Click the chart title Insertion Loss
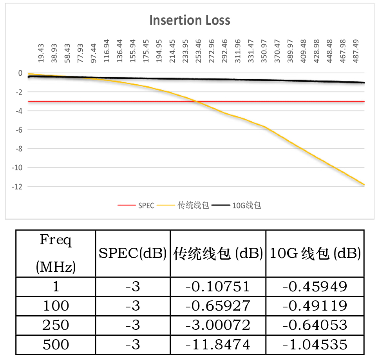point(190,20)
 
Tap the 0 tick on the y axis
point(20,73)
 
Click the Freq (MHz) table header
point(56,253)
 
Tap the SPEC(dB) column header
point(133,254)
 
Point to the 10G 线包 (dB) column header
point(315,254)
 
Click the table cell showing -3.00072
point(218,325)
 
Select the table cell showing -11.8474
point(218,345)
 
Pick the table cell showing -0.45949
point(315,287)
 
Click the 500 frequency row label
point(56,345)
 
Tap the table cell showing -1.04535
point(315,345)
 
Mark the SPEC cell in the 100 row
point(133,306)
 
